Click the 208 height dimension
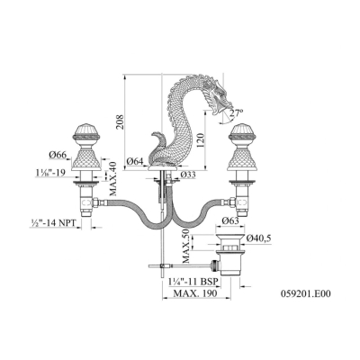coord(120,121)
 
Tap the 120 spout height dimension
coord(201,139)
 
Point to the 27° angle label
coord(237,113)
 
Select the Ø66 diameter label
coord(58,155)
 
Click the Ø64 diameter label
coord(136,161)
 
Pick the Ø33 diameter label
coord(188,175)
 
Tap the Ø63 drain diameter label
coord(230,220)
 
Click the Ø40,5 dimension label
coord(258,238)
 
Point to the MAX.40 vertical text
coord(113,179)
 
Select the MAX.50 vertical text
coord(187,247)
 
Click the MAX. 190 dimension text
coord(195,293)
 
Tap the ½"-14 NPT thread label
coord(52,223)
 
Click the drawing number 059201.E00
coord(306,293)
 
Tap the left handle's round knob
coord(87,133)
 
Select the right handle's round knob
coord(242,133)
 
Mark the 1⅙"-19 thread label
coord(50,173)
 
